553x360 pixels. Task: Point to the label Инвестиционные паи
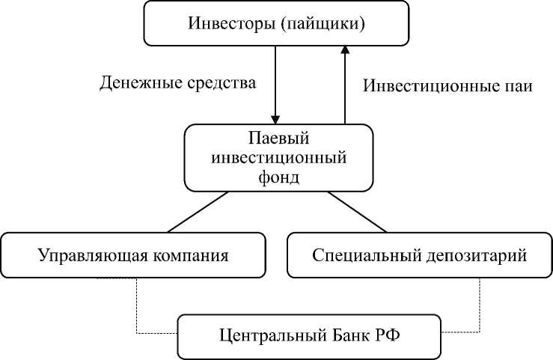(447, 85)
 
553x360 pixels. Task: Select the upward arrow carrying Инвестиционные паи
(344, 82)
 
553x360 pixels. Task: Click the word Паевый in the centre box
(278, 139)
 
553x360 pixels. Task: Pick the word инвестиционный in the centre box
(278, 158)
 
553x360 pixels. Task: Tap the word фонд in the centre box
(278, 177)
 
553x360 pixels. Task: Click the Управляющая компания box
(133, 254)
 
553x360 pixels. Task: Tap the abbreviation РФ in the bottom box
(382, 335)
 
